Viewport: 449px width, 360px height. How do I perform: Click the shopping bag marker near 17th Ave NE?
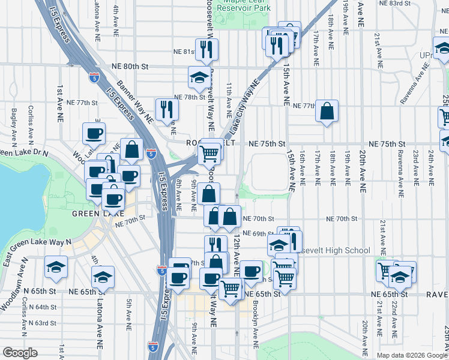tap(327, 112)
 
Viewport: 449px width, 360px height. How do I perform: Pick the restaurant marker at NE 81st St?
tap(206, 50)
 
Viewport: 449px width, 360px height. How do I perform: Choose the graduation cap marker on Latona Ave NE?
tap(103, 277)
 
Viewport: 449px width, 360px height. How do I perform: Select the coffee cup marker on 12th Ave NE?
tap(252, 271)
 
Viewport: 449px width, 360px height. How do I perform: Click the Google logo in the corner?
tap(20, 352)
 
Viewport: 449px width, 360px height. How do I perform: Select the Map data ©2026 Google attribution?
tap(411, 355)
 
